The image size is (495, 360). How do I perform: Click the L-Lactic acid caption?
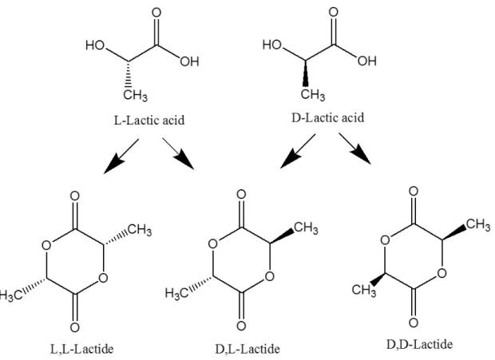(x=149, y=121)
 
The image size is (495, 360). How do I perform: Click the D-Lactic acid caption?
(x=327, y=117)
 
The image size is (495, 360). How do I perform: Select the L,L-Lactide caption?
(x=81, y=350)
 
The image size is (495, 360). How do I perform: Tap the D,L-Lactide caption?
(x=247, y=350)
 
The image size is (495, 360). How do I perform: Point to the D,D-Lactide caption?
(x=419, y=344)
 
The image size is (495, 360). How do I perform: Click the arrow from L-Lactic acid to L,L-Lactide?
(x=121, y=156)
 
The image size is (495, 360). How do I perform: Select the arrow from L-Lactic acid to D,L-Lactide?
(x=178, y=153)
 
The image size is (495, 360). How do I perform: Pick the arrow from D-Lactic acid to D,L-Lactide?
(x=298, y=151)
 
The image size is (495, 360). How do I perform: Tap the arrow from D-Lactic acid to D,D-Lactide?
(x=354, y=148)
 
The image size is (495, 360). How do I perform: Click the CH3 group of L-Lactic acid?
(x=135, y=95)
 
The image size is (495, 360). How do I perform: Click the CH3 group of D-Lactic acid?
(x=312, y=94)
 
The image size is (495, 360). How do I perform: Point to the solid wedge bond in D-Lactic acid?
(x=305, y=73)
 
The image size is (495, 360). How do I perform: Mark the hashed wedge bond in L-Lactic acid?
(x=129, y=73)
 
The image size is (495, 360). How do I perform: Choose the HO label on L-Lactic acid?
(x=95, y=45)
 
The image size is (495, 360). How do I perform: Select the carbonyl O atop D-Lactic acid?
(x=334, y=12)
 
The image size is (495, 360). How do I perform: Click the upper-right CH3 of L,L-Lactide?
(x=140, y=229)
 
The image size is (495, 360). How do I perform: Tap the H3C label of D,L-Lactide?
(x=176, y=294)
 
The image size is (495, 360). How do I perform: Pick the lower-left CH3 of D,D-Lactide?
(x=364, y=290)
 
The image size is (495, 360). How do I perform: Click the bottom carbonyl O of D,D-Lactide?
(x=414, y=322)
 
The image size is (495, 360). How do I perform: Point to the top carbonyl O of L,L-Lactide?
(x=74, y=196)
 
